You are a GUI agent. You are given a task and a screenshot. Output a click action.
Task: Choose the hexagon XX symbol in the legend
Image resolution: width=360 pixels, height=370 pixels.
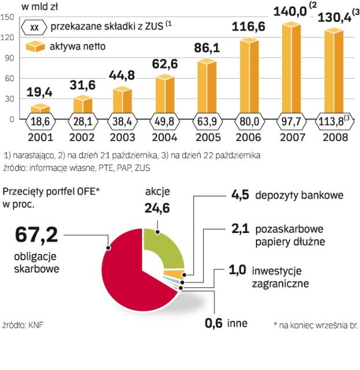[x=35, y=27]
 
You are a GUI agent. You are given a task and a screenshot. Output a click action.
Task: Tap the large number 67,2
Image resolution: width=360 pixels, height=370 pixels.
[x=36, y=237]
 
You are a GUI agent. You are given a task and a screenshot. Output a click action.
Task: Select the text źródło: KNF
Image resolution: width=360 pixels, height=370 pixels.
[x=23, y=325]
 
